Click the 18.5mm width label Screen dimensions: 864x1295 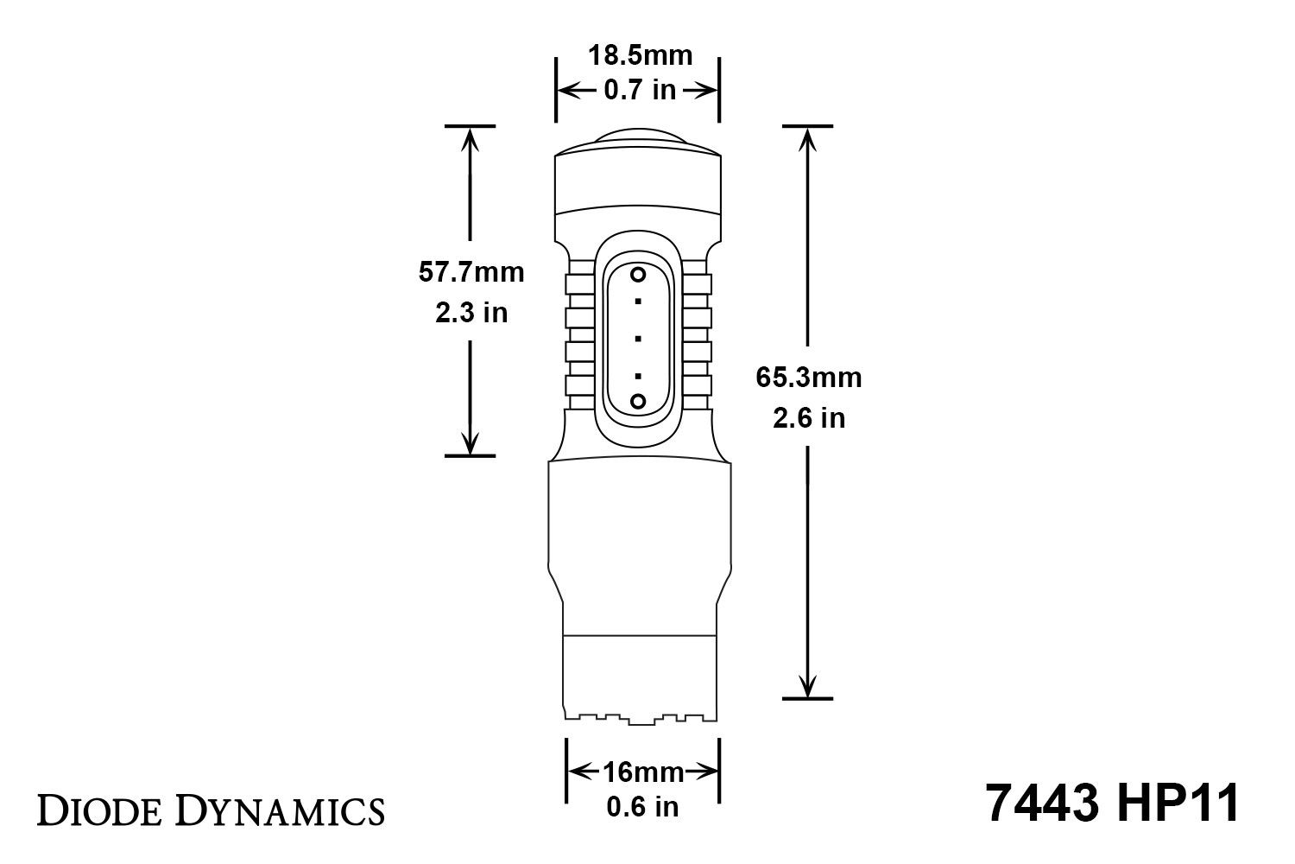click(640, 56)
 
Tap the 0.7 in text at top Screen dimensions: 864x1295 click(640, 89)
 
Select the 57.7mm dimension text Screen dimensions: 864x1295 click(471, 272)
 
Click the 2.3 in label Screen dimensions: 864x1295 click(471, 312)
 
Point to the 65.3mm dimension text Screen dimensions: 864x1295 click(808, 378)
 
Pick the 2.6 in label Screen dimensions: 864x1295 click(808, 418)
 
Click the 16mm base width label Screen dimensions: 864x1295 click(643, 772)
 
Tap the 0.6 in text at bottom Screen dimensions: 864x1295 click(643, 807)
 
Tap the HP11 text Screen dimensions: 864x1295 click(1178, 804)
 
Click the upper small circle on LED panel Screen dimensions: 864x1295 click(638, 275)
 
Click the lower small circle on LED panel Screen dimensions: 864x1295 click(638, 401)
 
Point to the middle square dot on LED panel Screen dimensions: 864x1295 click(638, 338)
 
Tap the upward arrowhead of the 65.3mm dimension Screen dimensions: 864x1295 click(807, 138)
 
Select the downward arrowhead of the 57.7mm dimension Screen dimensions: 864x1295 click(471, 443)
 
